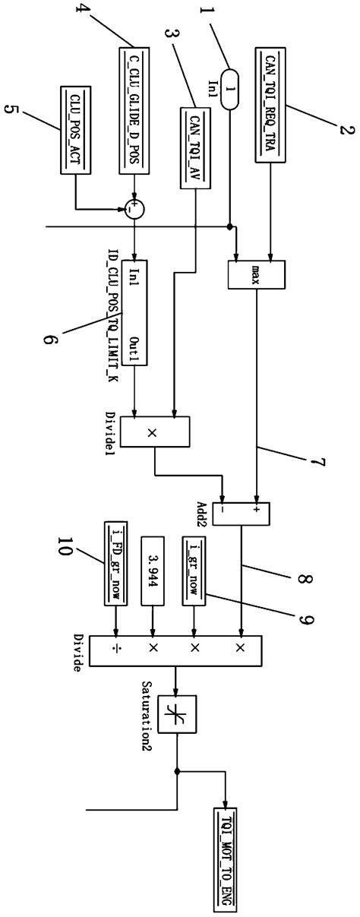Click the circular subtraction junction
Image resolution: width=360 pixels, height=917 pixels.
pos(134,208)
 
